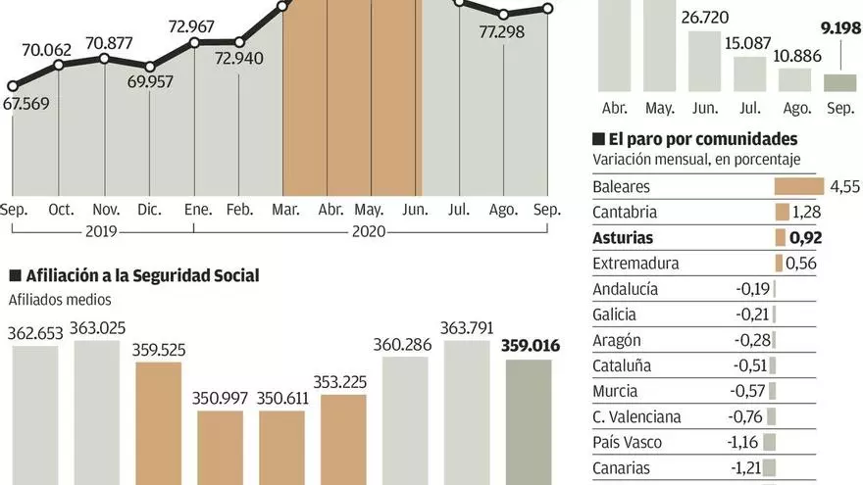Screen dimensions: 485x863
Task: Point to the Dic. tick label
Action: tap(150, 210)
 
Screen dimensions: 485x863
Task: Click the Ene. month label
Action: tap(196, 210)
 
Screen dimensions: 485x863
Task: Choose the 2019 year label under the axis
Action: tap(102, 232)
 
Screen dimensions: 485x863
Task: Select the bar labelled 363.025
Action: tap(96, 412)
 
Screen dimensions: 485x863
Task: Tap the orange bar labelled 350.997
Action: tap(220, 447)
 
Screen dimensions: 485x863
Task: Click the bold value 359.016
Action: tap(527, 345)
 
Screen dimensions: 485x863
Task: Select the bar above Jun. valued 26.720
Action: tap(704, 62)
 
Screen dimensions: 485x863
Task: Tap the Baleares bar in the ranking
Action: tap(798, 186)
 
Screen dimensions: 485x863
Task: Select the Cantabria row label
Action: tap(626, 212)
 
